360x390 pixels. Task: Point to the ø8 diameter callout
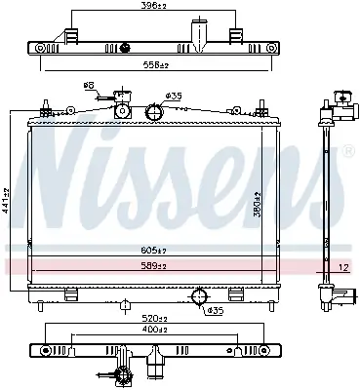tap(89, 86)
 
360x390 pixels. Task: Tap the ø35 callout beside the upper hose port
tap(175, 96)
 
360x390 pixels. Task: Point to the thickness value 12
tap(342, 265)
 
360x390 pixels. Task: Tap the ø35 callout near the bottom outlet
tap(215, 310)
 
